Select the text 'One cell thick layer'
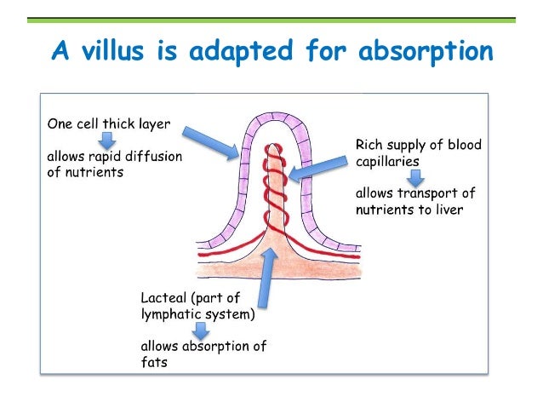point(107,124)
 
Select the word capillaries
point(388,160)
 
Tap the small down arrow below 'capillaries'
point(414,177)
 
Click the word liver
point(447,210)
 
